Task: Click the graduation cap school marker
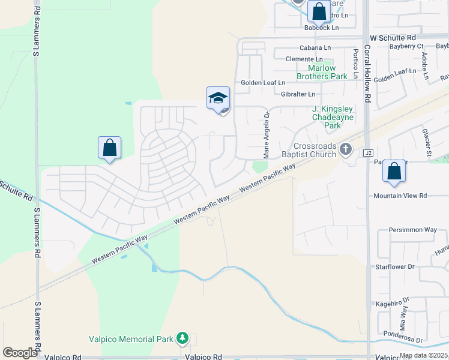(x=218, y=98)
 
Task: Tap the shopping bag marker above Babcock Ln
(x=319, y=11)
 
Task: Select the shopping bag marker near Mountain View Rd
(x=394, y=171)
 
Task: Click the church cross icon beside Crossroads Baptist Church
(x=345, y=148)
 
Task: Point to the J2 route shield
(x=368, y=154)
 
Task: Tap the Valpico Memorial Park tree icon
(x=182, y=339)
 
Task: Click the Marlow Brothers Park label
(x=322, y=72)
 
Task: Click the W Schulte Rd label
(x=393, y=37)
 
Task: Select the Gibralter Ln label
(x=298, y=94)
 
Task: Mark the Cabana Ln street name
(x=315, y=48)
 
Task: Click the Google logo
(x=20, y=353)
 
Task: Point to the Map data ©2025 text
(x=423, y=355)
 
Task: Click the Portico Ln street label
(x=356, y=64)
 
